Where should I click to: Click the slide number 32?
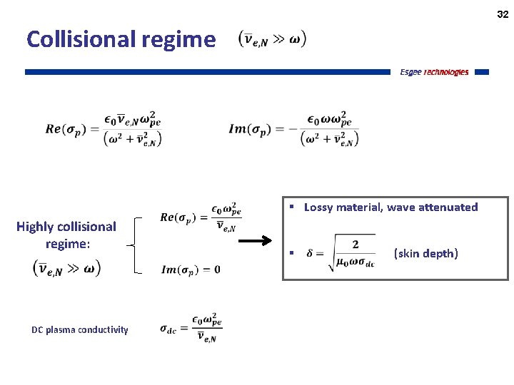coord(503,14)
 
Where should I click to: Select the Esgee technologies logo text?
coord(434,72)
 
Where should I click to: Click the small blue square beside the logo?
coord(481,72)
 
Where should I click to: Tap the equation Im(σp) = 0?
coord(191,269)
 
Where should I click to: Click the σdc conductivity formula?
coord(191,329)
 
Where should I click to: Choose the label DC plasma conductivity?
coord(80,329)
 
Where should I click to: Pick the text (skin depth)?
coord(426,254)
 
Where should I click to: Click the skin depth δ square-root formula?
coord(340,253)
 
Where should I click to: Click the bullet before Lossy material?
coord(292,207)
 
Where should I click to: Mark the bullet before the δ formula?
coord(292,254)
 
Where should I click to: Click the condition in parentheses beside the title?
coord(272,40)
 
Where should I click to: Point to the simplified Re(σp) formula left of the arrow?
coord(201,217)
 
